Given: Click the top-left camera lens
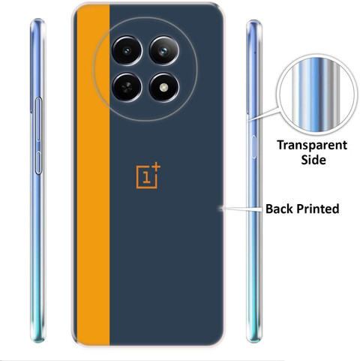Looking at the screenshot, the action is pos(127,51).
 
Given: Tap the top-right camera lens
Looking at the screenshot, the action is pos(164,51).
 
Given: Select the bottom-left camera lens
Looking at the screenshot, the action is pos(127,87).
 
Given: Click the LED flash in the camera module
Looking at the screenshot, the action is pos(164,87).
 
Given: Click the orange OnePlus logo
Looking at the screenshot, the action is pos(148,176).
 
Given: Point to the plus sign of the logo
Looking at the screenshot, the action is pos(156,167).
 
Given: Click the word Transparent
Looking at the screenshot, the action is pos(312,146).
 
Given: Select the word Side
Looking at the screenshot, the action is pos(313,160).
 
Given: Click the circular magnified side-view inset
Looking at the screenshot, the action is pos(317,95).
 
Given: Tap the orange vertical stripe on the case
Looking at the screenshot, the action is pos(93,175).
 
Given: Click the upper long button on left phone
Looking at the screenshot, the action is pos(39,119).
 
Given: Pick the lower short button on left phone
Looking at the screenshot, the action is pos(38,163).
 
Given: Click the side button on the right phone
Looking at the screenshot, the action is pos(254,147).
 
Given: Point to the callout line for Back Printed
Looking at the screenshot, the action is pos(241,208).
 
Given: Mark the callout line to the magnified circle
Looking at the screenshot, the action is pos(263,115).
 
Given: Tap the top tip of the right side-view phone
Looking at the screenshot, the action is pos(254,21).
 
